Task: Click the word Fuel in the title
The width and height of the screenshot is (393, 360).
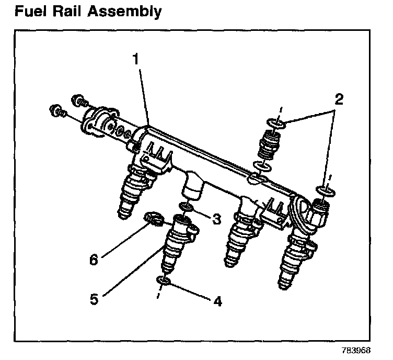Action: click(x=32, y=10)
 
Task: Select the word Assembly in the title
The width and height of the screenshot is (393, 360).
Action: click(x=129, y=12)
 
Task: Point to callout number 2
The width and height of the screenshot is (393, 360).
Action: click(x=339, y=99)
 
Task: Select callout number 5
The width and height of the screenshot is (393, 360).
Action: click(x=94, y=299)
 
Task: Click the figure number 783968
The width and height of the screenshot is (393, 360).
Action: click(x=360, y=350)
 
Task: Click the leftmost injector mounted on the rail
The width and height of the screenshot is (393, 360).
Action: click(x=134, y=191)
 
